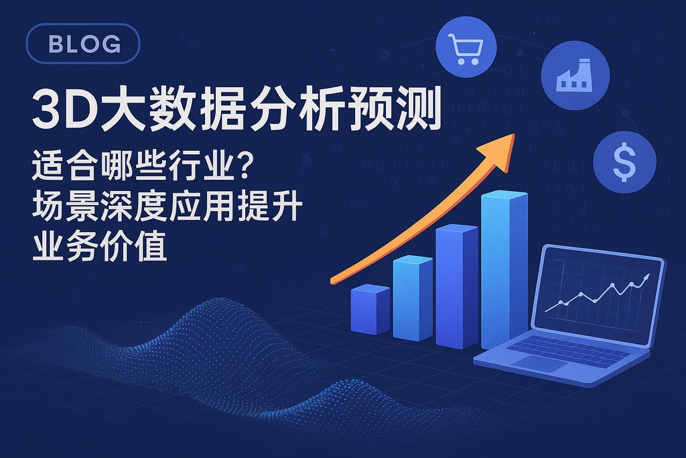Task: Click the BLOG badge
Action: (x=83, y=45)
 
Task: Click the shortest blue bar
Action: (x=370, y=308)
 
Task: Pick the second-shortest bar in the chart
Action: (x=412, y=298)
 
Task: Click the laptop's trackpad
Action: (x=539, y=364)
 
